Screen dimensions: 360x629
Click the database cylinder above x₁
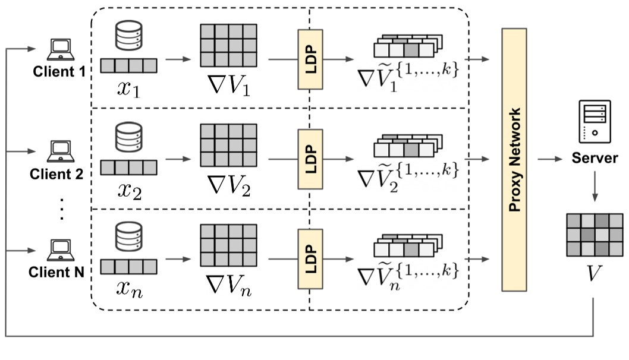coord(128,37)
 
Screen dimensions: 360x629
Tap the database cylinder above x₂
coord(128,138)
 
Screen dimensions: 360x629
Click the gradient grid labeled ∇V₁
coord(228,46)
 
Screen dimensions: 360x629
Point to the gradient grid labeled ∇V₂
coord(228,146)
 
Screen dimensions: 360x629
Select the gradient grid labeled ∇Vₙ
coord(228,245)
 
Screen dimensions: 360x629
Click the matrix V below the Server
coord(595,235)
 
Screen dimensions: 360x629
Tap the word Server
coord(592,159)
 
